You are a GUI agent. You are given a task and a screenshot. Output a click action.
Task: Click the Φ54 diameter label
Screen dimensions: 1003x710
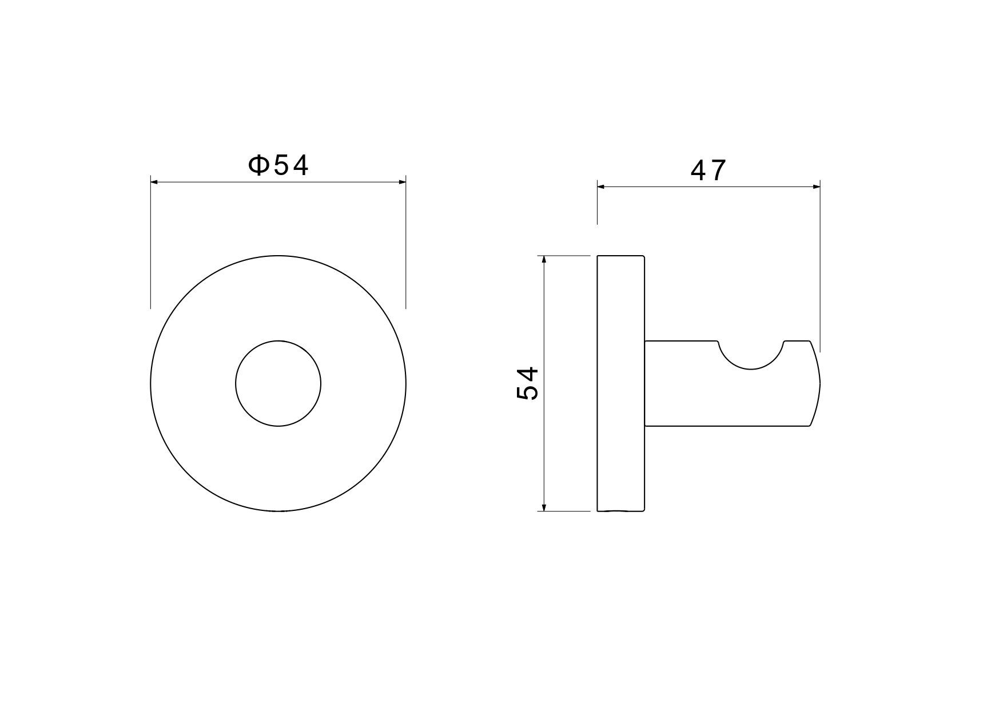(278, 165)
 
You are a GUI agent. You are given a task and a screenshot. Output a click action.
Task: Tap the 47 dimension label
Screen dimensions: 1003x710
(709, 170)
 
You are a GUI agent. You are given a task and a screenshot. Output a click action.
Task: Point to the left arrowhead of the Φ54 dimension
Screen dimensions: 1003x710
(154, 182)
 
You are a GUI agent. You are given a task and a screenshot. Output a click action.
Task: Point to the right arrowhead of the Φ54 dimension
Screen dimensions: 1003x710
(402, 182)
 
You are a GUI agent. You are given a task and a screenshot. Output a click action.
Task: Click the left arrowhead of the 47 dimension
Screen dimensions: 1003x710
(602, 187)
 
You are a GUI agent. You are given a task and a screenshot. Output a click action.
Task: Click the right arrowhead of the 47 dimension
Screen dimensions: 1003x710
(816, 187)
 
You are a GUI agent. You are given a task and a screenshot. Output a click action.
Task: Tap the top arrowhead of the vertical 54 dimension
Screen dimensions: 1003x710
(544, 260)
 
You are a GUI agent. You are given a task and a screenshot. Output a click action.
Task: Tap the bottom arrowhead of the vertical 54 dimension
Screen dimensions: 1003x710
(544, 507)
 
